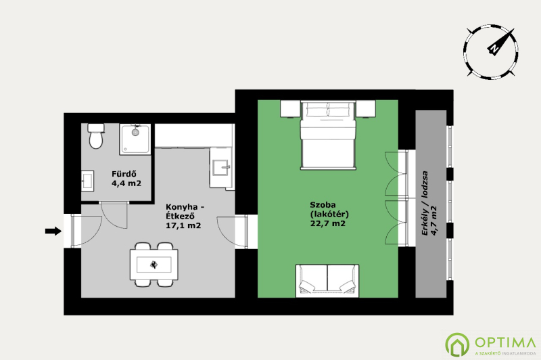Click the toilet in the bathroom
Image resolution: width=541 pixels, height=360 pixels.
point(95,136)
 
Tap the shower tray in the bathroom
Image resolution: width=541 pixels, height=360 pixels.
point(135,139)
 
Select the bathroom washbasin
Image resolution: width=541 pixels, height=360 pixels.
point(88,180)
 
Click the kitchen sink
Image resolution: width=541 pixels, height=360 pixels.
point(220,168)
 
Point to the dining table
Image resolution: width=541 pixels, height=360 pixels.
point(154,265)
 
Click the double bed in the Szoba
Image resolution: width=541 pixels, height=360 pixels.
point(328,135)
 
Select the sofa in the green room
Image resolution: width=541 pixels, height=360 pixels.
point(327,281)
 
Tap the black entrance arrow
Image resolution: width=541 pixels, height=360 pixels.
point(53,231)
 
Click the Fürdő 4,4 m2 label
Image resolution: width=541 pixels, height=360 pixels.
point(126,179)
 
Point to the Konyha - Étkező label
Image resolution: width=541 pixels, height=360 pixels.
point(185,212)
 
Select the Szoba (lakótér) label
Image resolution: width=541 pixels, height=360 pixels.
point(329,209)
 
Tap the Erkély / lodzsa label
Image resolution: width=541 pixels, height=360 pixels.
point(425,203)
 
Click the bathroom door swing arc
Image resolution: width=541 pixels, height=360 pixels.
point(114,216)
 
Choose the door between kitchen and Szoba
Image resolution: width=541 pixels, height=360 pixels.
point(232,231)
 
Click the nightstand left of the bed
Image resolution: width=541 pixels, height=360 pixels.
point(290,109)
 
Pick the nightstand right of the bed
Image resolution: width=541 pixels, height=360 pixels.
point(366,109)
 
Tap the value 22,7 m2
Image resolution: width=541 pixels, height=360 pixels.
point(327,223)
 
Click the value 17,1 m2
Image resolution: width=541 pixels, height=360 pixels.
point(183,226)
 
